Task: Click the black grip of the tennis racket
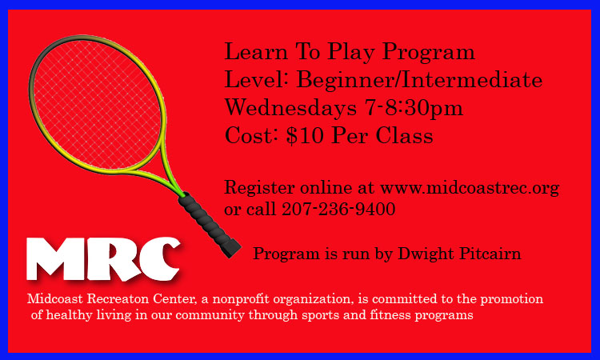coord(210,225)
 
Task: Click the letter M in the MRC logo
coord(55,259)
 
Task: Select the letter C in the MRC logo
coord(160,258)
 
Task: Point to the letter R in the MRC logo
coord(114,259)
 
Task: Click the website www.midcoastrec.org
coord(470,188)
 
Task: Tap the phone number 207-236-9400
coord(338,209)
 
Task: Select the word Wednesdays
coord(290,107)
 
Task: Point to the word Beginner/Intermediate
coord(419,80)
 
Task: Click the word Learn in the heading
coord(256,52)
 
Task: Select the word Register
coord(259,189)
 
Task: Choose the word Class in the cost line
coord(404,135)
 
